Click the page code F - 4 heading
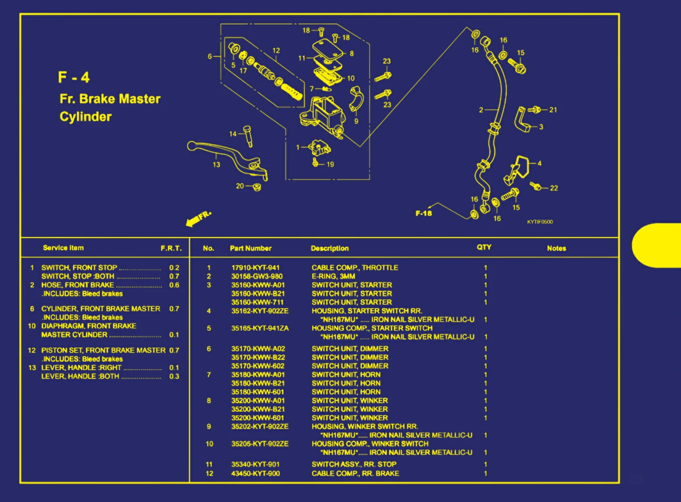tap(74, 78)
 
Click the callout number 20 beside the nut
tap(240, 186)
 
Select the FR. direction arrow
tap(198, 218)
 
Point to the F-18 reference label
tap(423, 213)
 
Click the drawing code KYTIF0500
tap(540, 222)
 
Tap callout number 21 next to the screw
tap(553, 110)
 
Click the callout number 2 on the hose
tap(481, 110)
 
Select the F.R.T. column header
tap(171, 248)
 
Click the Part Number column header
tap(250, 248)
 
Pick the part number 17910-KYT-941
tap(255, 268)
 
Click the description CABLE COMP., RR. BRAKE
tap(355, 473)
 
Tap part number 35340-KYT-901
tap(255, 464)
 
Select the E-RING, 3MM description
tap(333, 276)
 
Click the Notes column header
tap(556, 248)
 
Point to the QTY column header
tap(484, 247)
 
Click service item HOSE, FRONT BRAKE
tap(78, 285)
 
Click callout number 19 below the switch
tap(330, 164)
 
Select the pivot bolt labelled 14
tap(248, 136)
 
